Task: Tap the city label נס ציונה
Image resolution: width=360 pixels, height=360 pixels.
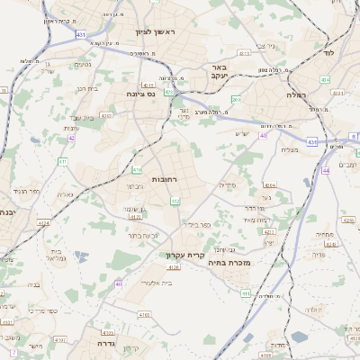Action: pyautogui.click(x=140, y=93)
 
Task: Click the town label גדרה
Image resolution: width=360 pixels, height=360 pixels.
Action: pyautogui.click(x=91, y=343)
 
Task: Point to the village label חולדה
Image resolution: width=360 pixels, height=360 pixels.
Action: pyautogui.click(x=313, y=310)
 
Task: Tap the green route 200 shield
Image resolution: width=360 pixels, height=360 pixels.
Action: pyautogui.click(x=236, y=100)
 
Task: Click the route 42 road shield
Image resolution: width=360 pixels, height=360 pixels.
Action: pyautogui.click(x=71, y=138)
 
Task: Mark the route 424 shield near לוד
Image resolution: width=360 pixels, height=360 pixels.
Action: pyautogui.click(x=325, y=80)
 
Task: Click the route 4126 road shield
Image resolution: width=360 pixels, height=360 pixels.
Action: pyautogui.click(x=174, y=266)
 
